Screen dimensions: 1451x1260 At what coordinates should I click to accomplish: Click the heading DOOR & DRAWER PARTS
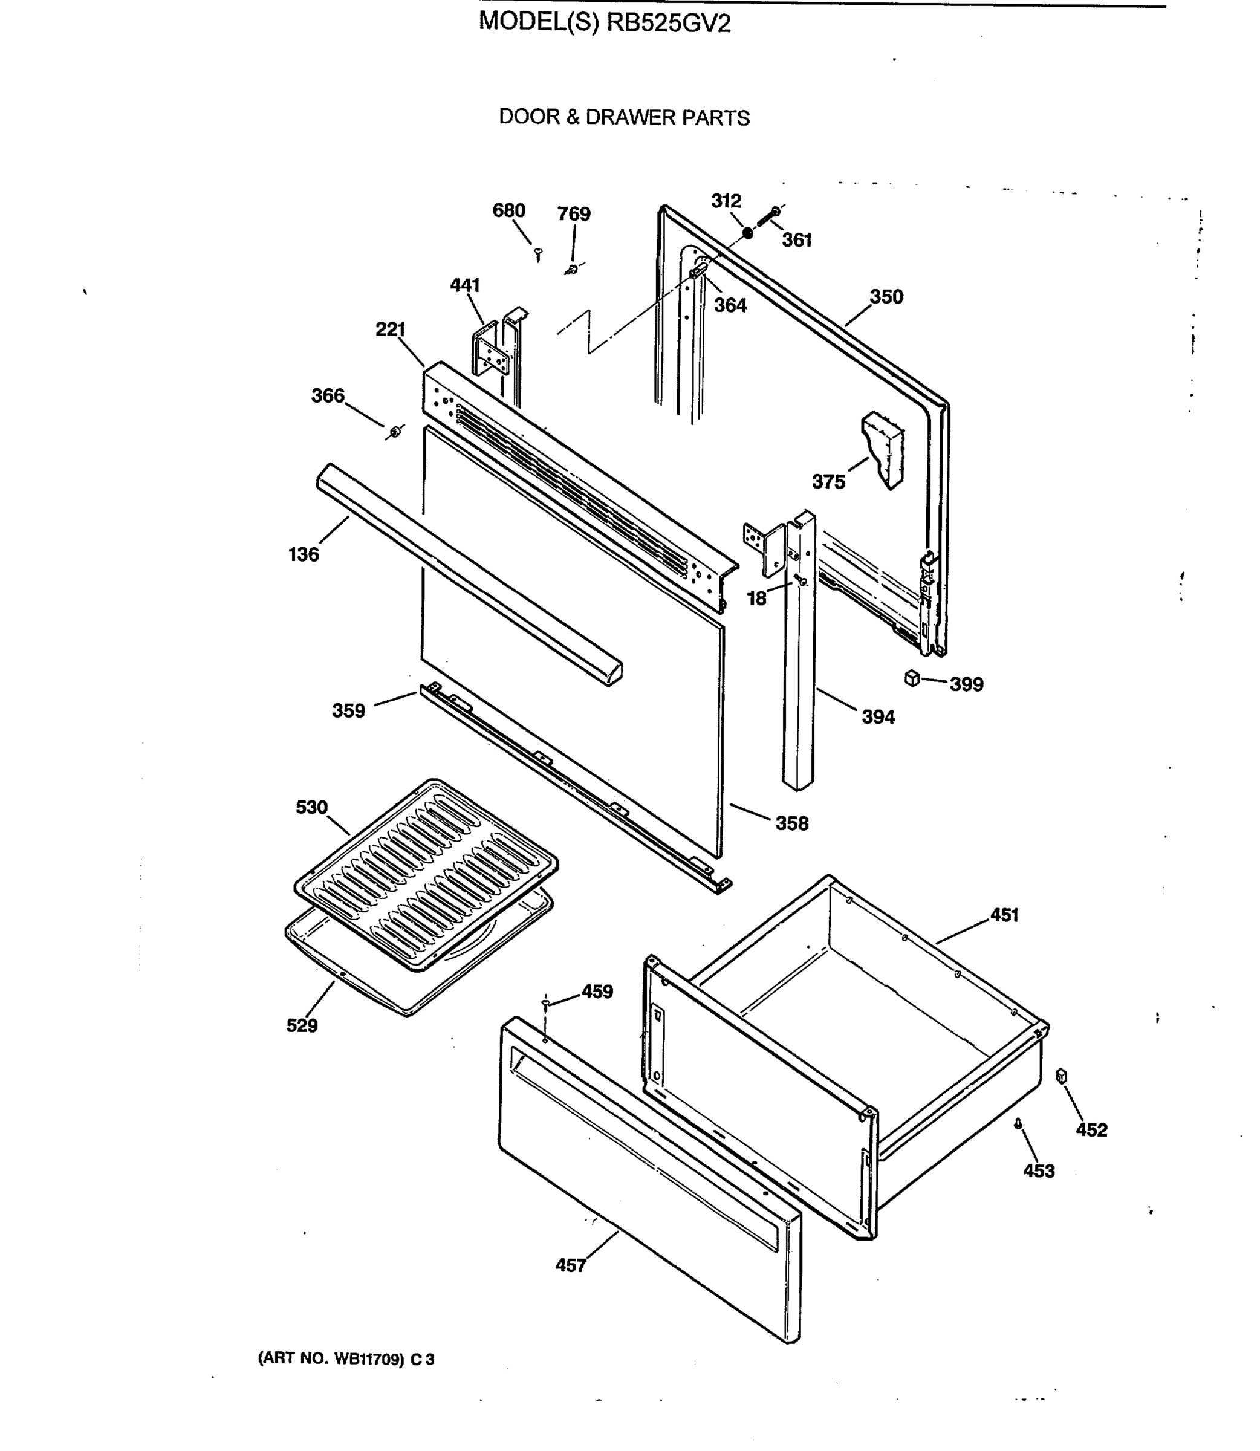[x=624, y=117]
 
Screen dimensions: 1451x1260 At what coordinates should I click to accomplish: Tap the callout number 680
[x=508, y=211]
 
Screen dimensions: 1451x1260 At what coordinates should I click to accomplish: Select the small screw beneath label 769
[x=571, y=269]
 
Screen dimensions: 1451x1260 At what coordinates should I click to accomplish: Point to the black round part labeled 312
[x=747, y=233]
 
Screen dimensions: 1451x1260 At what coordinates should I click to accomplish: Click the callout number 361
[x=797, y=241]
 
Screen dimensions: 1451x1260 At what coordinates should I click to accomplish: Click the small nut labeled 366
[x=395, y=430]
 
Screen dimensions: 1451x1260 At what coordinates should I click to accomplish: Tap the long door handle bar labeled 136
[x=467, y=573]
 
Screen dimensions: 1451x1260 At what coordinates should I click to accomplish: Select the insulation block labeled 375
[x=884, y=449]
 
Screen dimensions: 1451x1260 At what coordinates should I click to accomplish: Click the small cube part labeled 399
[x=912, y=678]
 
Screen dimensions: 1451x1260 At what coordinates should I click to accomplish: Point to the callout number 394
[x=878, y=718]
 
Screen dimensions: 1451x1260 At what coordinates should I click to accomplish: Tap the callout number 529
[x=302, y=1026]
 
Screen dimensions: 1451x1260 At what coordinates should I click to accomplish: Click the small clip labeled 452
[x=1062, y=1076]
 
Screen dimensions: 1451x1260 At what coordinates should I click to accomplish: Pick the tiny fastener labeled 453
[x=1018, y=1124]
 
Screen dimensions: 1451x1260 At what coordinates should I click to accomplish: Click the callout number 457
[x=570, y=1266]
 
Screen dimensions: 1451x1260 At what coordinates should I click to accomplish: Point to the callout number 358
[x=791, y=823]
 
